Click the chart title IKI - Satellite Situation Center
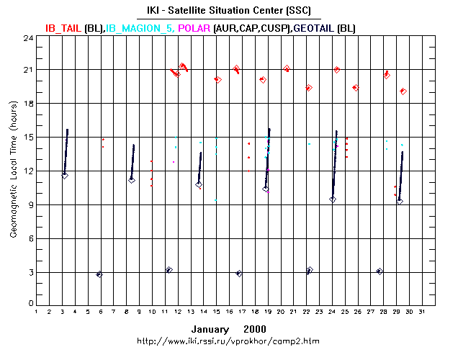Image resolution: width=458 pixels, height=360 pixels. pyautogui.click(x=228, y=11)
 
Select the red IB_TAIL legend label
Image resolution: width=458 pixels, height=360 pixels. pyautogui.click(x=63, y=28)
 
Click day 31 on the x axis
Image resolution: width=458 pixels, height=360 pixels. pyautogui.click(x=422, y=312)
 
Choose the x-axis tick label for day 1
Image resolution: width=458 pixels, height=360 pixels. pyautogui.click(x=36, y=312)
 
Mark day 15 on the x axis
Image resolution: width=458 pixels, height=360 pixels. pyautogui.click(x=216, y=312)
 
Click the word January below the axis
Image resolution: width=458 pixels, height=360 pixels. pyautogui.click(x=210, y=328)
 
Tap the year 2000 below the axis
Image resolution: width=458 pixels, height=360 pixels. pyautogui.click(x=254, y=328)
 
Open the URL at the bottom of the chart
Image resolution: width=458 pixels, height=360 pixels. pyautogui.click(x=228, y=340)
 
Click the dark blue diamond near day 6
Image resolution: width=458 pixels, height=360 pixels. pyautogui.click(x=99, y=274)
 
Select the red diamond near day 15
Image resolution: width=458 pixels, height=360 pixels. pyautogui.click(x=217, y=79)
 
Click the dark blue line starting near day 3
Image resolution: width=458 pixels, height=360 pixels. pyautogui.click(x=66, y=151)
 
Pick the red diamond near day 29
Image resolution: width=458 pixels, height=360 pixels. pyautogui.click(x=404, y=91)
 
